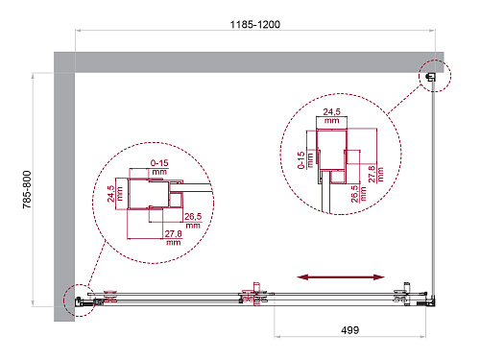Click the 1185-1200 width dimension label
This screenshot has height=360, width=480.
(x=255, y=24)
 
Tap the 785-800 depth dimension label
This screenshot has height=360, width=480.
(x=27, y=189)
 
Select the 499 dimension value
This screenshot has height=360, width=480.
(x=350, y=330)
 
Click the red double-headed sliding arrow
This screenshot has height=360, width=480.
(x=341, y=277)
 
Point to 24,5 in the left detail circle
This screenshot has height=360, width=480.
(x=110, y=194)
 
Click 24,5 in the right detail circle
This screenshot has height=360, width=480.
(x=331, y=112)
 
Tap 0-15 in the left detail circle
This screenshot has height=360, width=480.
(x=159, y=163)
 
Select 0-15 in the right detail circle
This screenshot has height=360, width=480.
(x=300, y=160)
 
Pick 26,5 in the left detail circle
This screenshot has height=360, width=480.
(x=193, y=217)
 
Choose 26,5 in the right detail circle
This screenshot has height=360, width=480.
(x=354, y=194)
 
